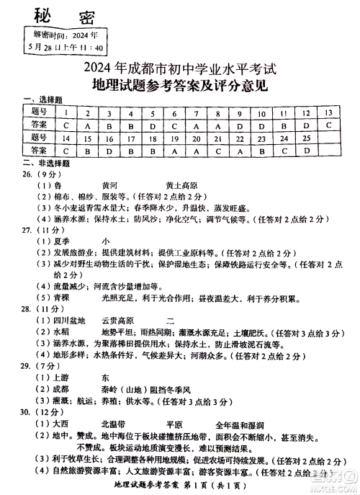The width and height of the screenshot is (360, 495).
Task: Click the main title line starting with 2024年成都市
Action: pos(180,71)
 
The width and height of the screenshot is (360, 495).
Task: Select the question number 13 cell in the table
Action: pos(328,112)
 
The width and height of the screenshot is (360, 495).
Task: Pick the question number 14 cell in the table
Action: pos(66,137)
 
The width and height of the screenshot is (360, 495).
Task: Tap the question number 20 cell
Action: pos(196,137)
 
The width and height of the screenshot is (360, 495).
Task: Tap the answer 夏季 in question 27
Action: pos(64,241)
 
